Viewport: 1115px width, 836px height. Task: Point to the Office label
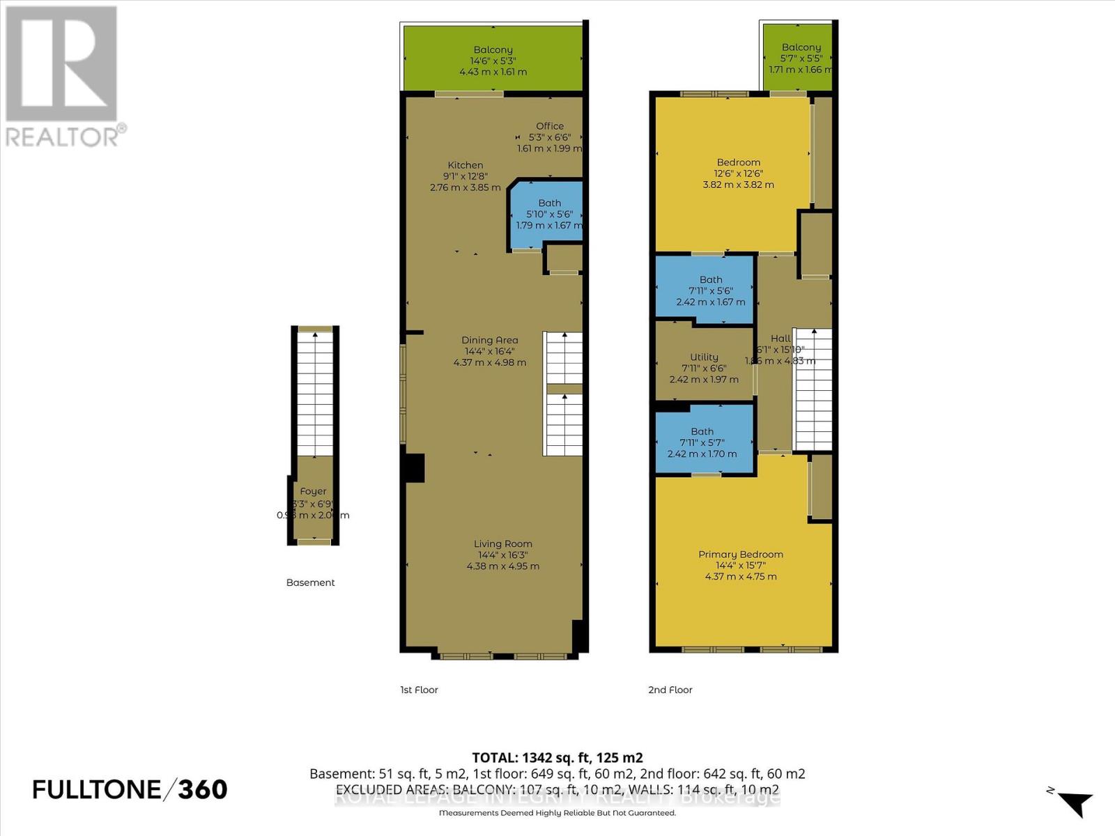[x=549, y=126]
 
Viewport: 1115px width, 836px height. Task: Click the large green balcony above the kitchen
[x=493, y=59]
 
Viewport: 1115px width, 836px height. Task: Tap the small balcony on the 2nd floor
[x=799, y=59]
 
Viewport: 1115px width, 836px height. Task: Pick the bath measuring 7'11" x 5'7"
[x=702, y=442]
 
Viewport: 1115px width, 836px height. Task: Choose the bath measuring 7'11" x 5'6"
[x=710, y=291]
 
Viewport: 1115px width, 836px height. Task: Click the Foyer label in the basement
[x=313, y=491]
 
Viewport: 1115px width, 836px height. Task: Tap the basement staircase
[x=315, y=394]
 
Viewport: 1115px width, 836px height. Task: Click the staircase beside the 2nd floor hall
[x=813, y=390]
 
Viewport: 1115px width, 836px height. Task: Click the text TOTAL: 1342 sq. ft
[x=557, y=757]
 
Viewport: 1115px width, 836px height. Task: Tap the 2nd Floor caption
[x=670, y=690]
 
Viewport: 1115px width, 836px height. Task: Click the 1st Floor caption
[x=419, y=690]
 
